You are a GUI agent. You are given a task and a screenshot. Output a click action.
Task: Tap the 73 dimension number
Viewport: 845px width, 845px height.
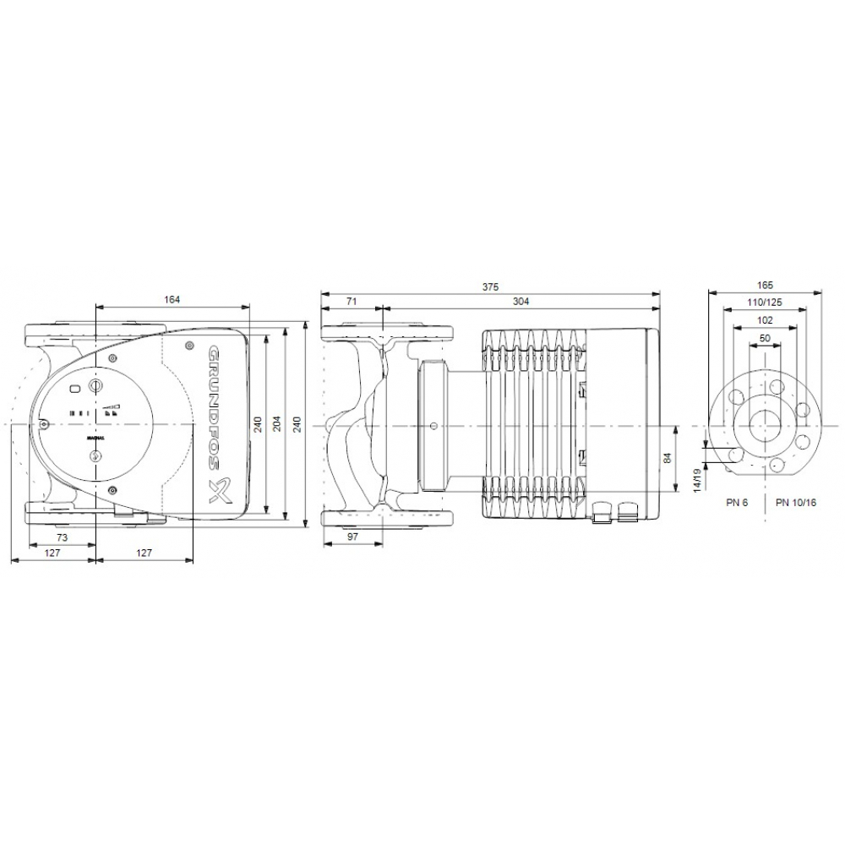62,537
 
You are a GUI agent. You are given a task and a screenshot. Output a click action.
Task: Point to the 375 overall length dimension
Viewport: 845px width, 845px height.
490,286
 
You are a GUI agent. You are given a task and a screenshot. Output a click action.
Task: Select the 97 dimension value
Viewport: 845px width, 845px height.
352,537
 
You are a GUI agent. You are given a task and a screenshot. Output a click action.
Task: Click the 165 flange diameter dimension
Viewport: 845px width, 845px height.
766,286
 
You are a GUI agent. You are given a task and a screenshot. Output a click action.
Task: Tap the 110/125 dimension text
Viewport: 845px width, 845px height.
766,303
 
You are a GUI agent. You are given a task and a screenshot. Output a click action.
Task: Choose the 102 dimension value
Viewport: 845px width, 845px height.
766,320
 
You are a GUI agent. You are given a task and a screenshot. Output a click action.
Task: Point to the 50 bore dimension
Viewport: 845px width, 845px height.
766,338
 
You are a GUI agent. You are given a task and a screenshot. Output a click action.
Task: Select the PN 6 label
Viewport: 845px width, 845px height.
737,502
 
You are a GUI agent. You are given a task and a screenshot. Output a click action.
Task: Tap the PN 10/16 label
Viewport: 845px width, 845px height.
795,502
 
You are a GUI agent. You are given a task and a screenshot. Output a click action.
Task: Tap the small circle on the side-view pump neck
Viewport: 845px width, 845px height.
433,427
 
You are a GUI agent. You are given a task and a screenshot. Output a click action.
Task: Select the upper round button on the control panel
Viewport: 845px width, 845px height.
95,387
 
